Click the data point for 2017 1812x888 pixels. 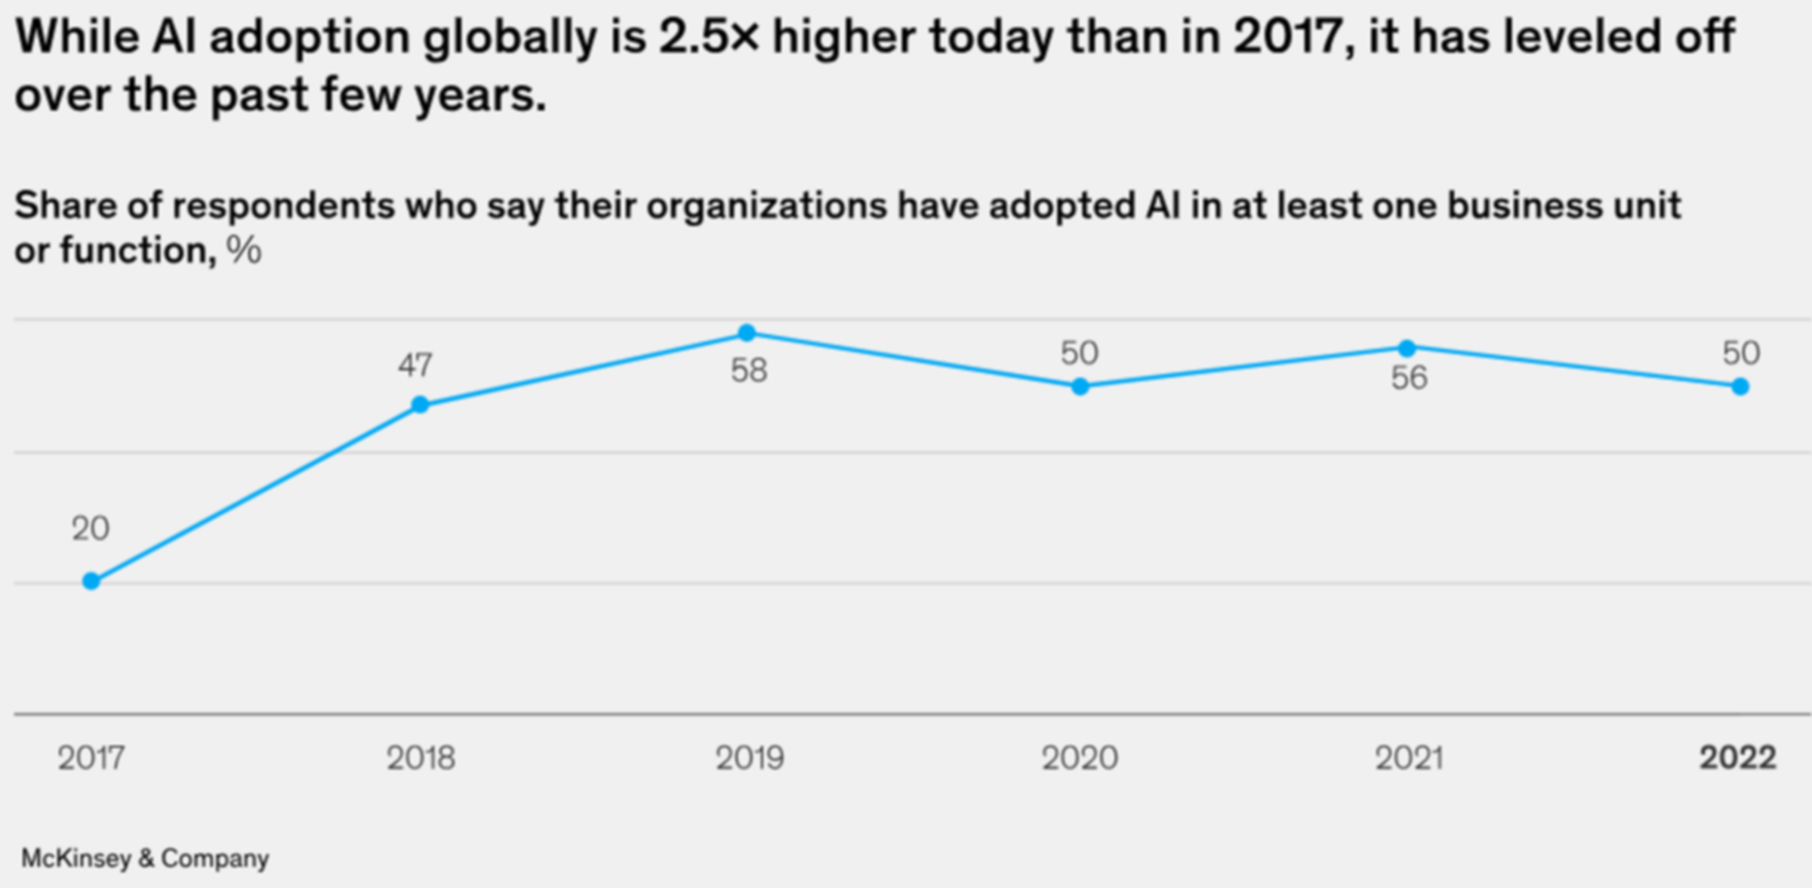coord(91,581)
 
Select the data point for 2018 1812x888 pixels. coord(421,405)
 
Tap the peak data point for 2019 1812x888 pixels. coord(747,332)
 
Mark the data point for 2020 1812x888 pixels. coord(1080,387)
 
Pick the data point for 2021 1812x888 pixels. coord(1407,348)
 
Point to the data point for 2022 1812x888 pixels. coord(1740,387)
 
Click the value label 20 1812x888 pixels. coord(91,529)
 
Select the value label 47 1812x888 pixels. coord(415,365)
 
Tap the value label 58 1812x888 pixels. coord(749,371)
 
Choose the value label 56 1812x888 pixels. coord(1409,378)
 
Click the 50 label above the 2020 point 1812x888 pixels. coord(1079,353)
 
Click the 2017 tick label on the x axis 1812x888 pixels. coord(91,758)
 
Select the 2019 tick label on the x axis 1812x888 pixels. coord(750,758)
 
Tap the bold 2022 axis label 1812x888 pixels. coord(1737,758)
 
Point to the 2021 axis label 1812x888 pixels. coord(1409,758)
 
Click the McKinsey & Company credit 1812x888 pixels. coord(145,859)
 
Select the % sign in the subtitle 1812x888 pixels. coord(244,250)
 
